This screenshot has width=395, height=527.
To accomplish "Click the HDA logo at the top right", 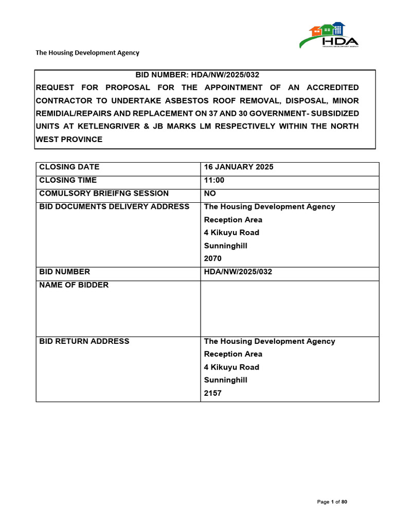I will point(329,35).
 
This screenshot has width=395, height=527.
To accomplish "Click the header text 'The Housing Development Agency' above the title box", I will point(87,52).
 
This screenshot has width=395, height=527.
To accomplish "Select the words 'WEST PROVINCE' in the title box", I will point(69,139).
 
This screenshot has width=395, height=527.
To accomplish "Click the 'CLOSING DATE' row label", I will point(69,167).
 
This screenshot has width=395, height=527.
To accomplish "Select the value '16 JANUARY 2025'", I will point(239,167).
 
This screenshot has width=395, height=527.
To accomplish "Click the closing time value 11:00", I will point(214,180).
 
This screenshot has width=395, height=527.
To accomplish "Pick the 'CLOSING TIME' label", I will point(68,180).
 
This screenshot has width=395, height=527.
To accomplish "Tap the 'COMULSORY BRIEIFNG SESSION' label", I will point(104,194).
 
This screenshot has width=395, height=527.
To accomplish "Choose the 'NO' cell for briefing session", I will point(210,194).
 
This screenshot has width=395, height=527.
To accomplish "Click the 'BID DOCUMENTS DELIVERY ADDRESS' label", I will point(114,206).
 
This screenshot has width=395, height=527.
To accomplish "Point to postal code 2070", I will point(213,259).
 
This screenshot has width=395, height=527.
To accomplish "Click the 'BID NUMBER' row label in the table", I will point(64,272).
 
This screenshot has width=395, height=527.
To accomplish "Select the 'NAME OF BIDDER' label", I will point(74,285).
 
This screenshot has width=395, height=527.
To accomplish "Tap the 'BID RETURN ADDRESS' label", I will point(84,341).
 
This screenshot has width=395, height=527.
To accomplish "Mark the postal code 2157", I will point(213,394).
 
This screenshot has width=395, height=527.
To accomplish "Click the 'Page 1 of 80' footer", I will point(332,502).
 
